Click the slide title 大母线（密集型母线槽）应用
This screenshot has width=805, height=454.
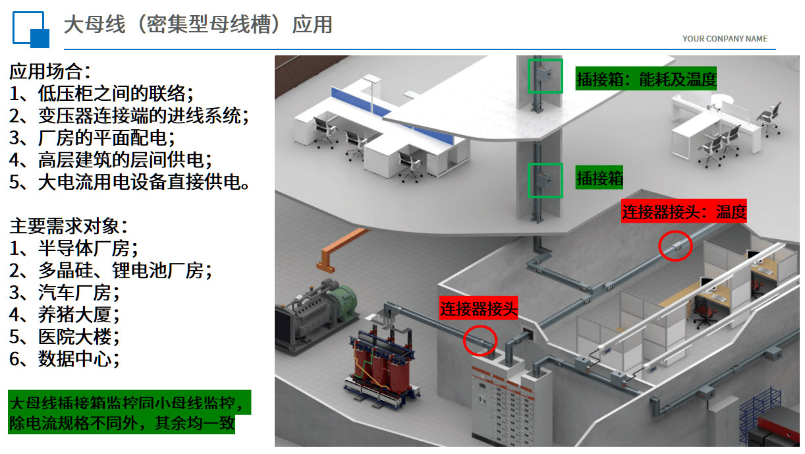198,24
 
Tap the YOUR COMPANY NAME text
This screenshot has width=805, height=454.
725,39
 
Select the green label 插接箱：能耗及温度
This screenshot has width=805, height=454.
646,80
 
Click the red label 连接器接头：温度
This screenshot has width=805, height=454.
684,212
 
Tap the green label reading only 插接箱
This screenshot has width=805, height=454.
599,178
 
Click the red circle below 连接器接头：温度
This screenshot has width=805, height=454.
676,246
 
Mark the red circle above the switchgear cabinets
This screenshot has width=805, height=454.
480,339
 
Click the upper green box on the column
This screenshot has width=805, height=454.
545,76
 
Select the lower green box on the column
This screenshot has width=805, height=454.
545,181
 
